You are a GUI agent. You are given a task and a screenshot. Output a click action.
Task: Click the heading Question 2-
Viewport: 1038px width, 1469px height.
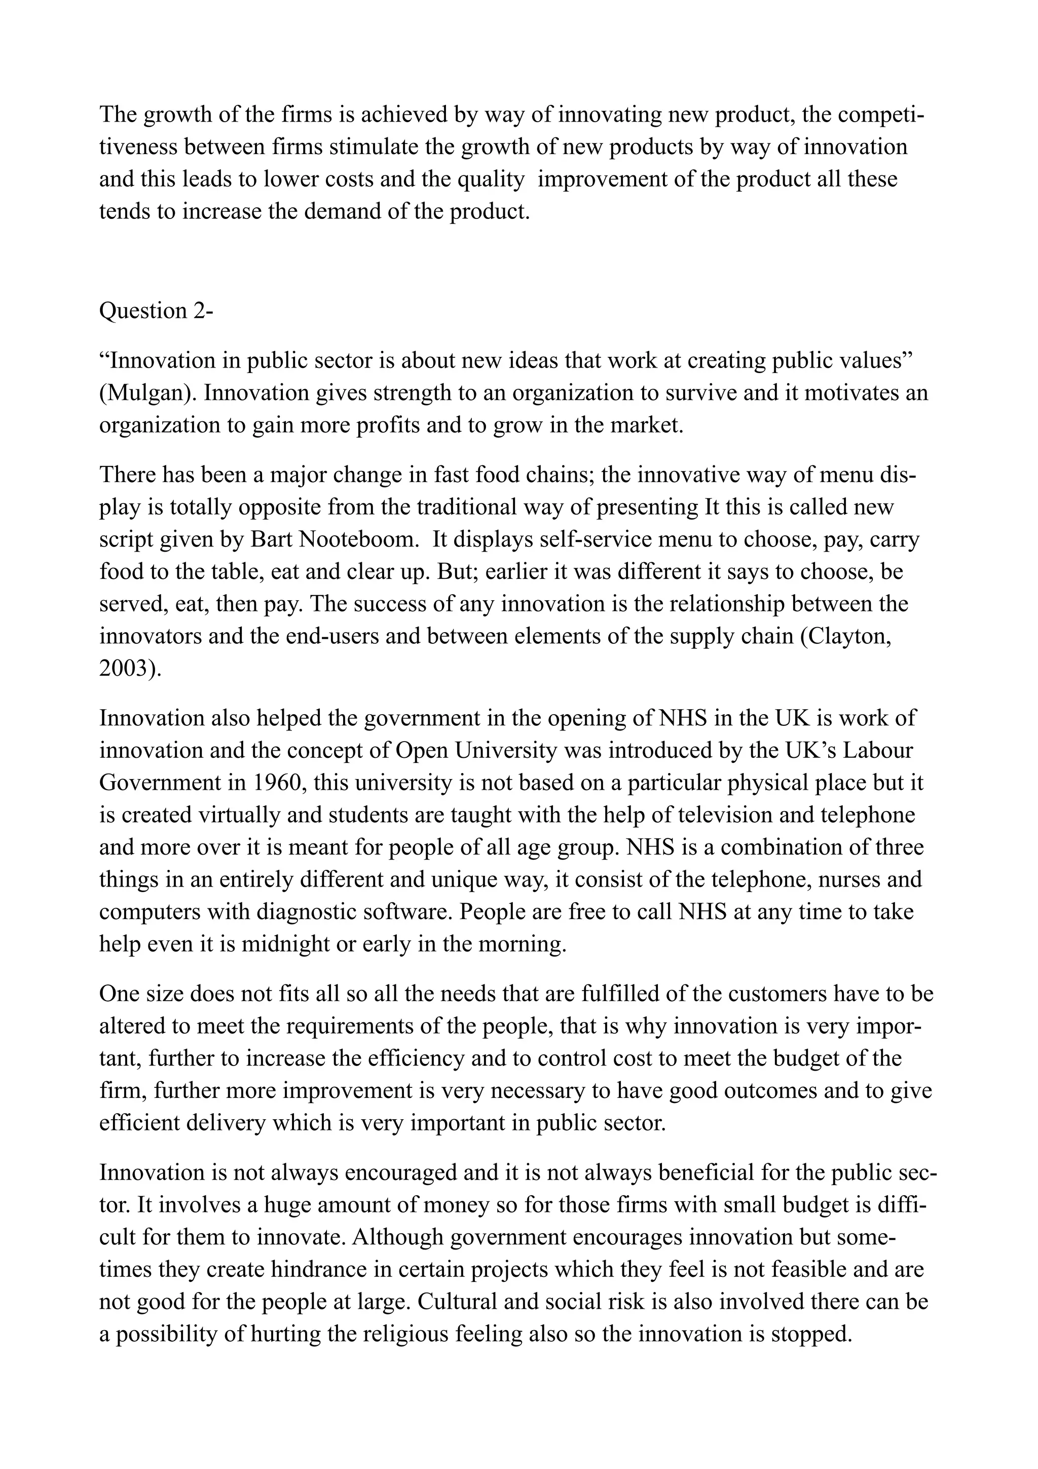tap(156, 311)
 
